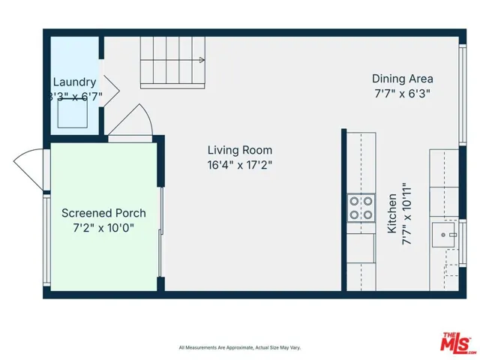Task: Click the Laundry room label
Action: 74,82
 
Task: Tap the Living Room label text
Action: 239,150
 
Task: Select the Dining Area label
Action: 403,79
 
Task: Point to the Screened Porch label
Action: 103,213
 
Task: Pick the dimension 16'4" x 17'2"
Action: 239,165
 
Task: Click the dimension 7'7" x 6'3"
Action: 403,94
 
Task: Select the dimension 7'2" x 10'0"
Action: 103,228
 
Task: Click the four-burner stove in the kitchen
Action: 361,208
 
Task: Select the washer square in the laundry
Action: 73,113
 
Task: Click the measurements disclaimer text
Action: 239,347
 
